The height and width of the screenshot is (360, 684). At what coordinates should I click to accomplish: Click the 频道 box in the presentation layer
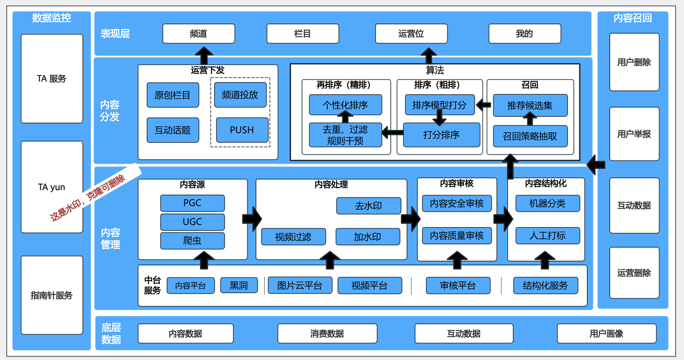click(198, 34)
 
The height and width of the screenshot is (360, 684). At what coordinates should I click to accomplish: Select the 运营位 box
click(411, 34)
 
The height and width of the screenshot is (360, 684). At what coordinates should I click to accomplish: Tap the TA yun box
click(52, 187)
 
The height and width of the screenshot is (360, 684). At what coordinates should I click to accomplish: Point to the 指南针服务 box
click(52, 295)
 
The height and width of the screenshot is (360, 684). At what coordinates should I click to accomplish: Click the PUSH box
click(242, 130)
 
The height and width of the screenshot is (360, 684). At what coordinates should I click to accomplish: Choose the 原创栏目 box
click(173, 95)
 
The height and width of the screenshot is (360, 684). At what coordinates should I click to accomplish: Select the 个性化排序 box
click(345, 105)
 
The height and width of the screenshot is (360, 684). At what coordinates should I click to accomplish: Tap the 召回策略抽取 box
click(530, 136)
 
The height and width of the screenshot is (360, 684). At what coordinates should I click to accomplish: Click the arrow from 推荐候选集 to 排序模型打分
click(484, 105)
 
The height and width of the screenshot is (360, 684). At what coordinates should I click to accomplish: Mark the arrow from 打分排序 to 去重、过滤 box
click(393, 132)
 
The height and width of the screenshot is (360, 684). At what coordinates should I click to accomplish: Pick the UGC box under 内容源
click(192, 222)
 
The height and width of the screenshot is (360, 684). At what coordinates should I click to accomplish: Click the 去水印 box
click(368, 206)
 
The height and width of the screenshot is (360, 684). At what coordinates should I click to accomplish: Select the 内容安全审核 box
click(457, 203)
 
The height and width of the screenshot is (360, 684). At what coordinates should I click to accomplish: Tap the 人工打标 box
click(548, 236)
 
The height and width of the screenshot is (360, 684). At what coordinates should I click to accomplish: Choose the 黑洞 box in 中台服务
click(239, 285)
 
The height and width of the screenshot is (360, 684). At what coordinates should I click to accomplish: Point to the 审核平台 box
click(458, 285)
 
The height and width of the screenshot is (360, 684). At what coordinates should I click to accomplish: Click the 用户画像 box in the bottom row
click(607, 334)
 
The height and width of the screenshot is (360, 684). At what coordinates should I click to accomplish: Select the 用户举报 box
click(634, 134)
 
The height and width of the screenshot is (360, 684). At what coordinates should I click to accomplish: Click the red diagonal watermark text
click(88, 197)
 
